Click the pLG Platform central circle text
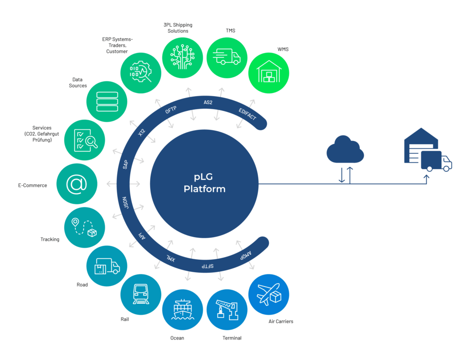[x=204, y=183]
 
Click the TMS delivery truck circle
[x=226, y=57]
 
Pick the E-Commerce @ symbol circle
[x=77, y=183]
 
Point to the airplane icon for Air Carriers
[x=269, y=294]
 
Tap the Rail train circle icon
[x=140, y=294]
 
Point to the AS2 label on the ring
[x=208, y=102]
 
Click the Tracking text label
[x=50, y=239]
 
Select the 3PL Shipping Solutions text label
[x=177, y=27]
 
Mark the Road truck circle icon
[x=107, y=266]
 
